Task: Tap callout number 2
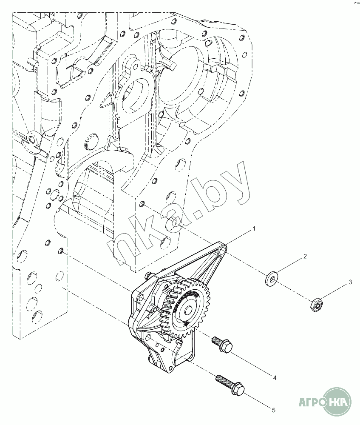tap(304, 257)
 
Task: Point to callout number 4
tap(275, 377)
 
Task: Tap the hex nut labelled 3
tap(316, 304)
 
